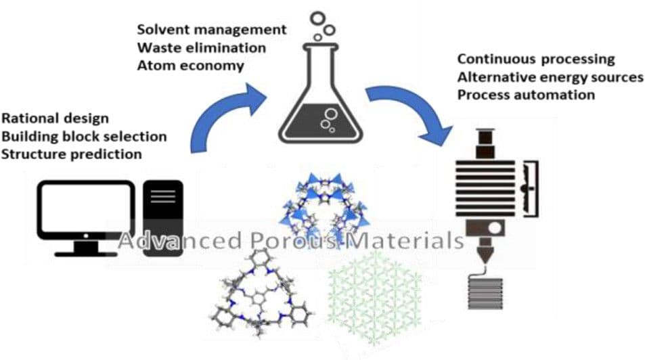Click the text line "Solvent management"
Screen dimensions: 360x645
tap(211, 31)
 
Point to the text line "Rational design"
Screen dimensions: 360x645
tap(55, 119)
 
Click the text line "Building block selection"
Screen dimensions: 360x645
tap(84, 137)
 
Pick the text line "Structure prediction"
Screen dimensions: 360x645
tap(72, 154)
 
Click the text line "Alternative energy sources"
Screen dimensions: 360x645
tap(550, 77)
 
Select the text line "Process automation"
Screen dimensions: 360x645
tap(526, 95)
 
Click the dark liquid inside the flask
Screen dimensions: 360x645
tap(322, 122)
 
